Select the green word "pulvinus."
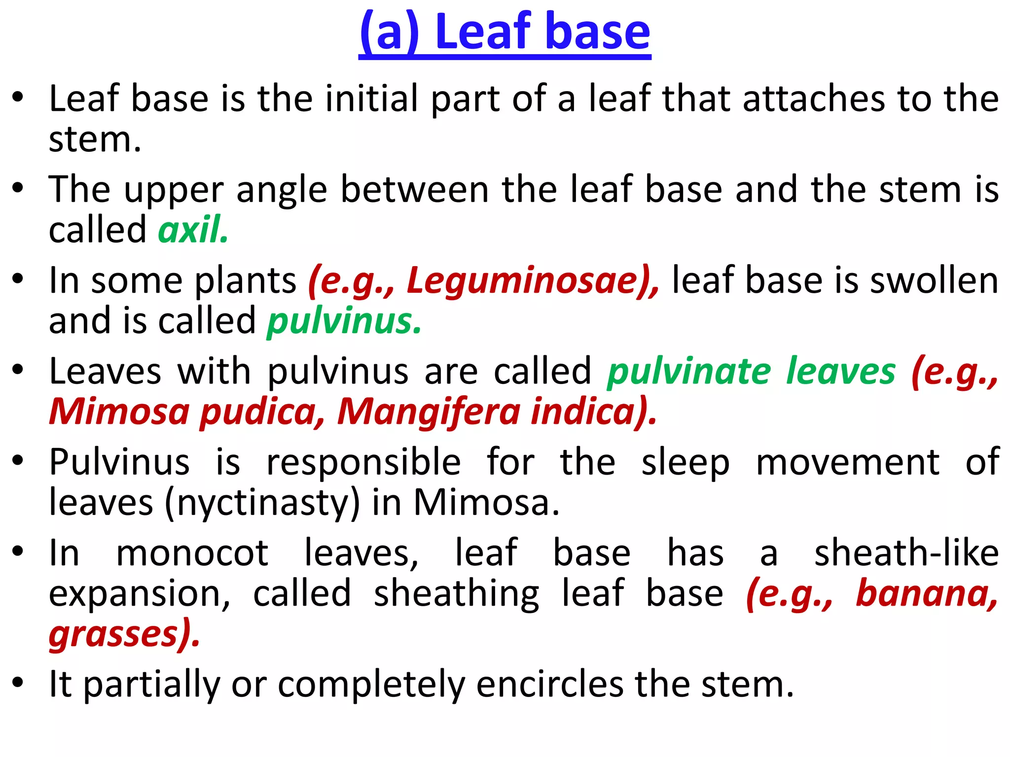[344, 321]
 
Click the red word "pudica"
[261, 412]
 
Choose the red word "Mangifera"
[428, 412]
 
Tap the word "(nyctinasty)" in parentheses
[262, 503]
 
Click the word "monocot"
[192, 553]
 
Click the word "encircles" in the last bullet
[549, 685]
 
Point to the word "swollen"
[934, 280]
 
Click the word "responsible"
[363, 462]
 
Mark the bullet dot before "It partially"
[18, 683]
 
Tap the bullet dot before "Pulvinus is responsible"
[18, 460]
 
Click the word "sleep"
[685, 462]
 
